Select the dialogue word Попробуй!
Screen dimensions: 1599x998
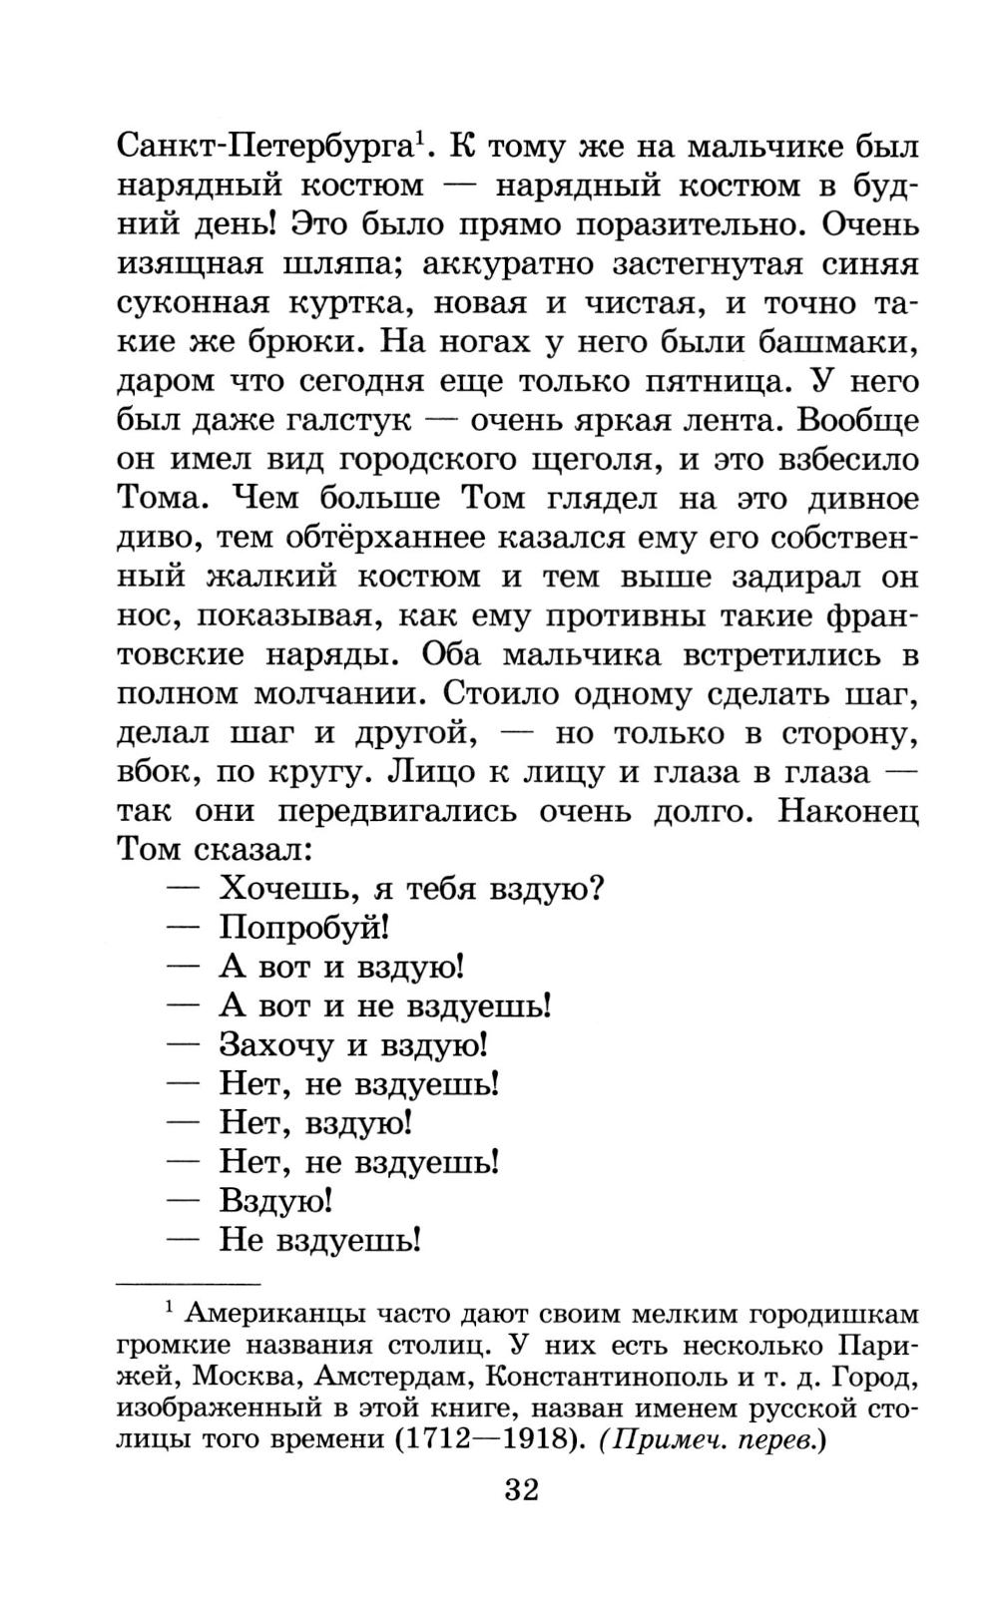tap(303, 928)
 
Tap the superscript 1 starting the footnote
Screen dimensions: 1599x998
tap(169, 1306)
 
